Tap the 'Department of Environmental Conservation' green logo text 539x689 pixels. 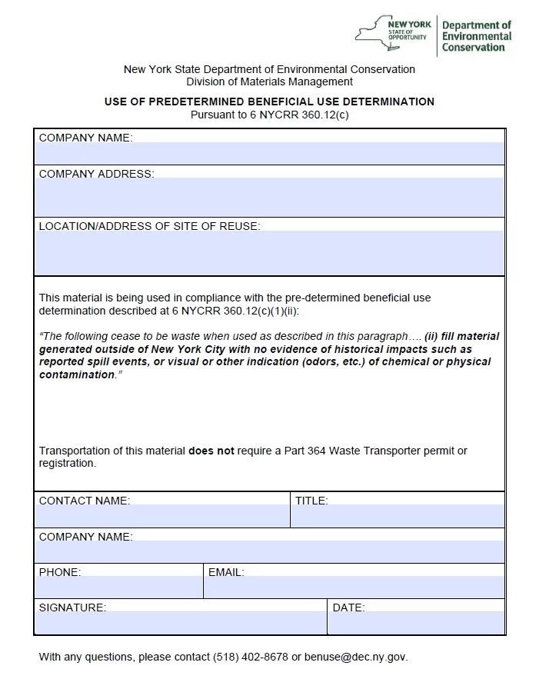(476, 36)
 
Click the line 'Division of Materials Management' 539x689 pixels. (269, 82)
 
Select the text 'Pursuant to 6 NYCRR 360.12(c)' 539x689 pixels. (269, 115)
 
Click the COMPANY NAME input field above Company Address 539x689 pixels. (269, 154)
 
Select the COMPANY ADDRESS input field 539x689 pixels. (269, 198)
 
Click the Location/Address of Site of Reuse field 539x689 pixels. (269, 253)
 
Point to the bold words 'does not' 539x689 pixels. (211, 451)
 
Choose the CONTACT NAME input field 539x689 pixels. (162, 517)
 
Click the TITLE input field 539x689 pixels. (398, 517)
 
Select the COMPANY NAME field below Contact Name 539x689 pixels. (269, 552)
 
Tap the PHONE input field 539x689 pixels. (118, 587)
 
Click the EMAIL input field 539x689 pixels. (354, 587)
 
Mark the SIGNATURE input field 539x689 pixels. (181, 623)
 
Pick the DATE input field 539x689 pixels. (416, 623)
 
